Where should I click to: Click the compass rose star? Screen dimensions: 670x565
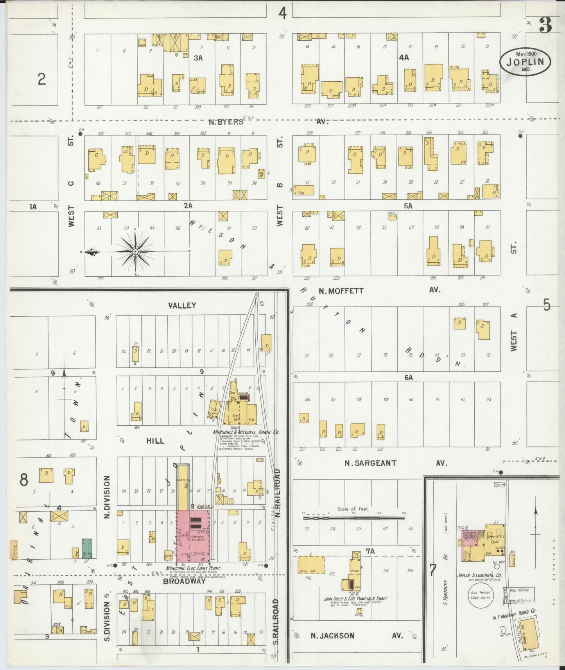[135, 251]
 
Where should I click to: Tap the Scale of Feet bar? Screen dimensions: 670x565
[354, 517]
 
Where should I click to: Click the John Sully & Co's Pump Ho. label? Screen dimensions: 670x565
[355, 599]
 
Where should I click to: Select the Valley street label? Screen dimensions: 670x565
[182, 305]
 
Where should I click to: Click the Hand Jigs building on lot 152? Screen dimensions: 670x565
[311, 565]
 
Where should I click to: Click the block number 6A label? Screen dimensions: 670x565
[409, 378]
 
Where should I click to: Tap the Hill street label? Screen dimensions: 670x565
[155, 441]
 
